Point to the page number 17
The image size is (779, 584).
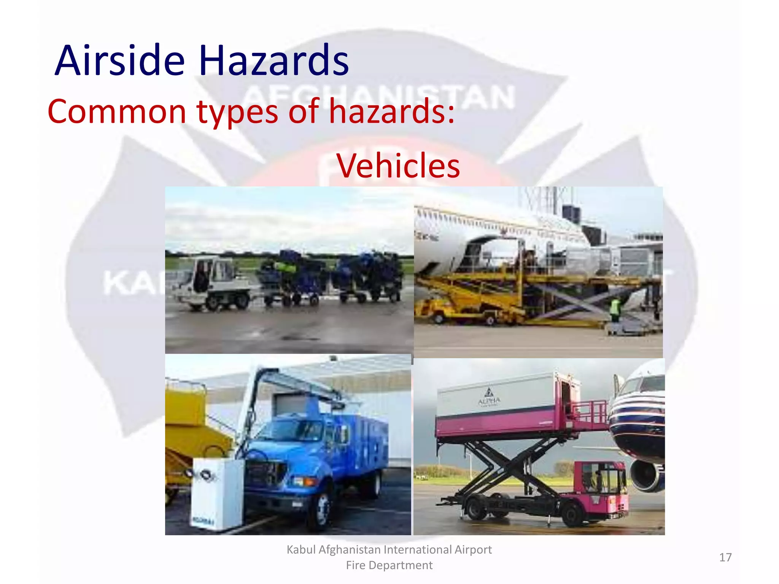point(725,557)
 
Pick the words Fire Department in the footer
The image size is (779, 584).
point(389,565)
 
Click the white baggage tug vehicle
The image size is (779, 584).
point(211,281)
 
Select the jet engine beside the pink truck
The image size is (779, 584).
point(647,475)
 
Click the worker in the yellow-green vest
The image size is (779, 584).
point(615,310)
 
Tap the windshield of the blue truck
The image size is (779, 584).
point(293,430)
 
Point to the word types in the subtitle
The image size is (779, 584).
point(237,111)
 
